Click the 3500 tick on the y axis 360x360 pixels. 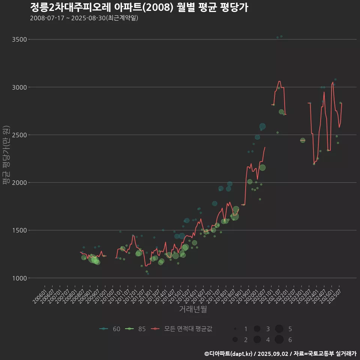20,39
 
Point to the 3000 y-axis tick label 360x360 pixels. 20,87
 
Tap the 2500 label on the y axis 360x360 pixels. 20,135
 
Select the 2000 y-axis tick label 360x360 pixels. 20,183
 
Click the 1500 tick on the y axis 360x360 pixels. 20,230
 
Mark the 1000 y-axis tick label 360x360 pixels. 20,278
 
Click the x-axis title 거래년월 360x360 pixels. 193,309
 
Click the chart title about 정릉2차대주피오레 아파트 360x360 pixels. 139,7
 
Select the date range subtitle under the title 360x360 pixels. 84,18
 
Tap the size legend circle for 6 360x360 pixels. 279,340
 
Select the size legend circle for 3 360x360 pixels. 257,329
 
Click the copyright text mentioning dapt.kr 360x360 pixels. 280,353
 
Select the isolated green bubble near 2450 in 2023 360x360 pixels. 303,140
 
